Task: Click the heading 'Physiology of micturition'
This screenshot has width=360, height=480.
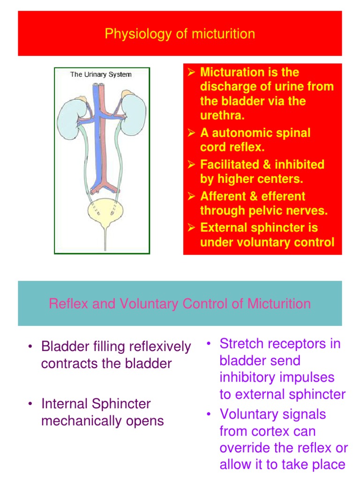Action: tap(180, 34)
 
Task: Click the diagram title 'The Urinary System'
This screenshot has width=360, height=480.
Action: tap(101, 75)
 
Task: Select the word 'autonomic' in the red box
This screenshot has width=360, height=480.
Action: tap(235, 133)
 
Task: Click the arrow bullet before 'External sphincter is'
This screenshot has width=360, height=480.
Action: tap(191, 228)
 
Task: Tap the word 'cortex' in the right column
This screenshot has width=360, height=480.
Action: tap(273, 431)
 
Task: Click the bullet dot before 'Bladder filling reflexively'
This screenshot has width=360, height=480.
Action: tap(30, 347)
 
